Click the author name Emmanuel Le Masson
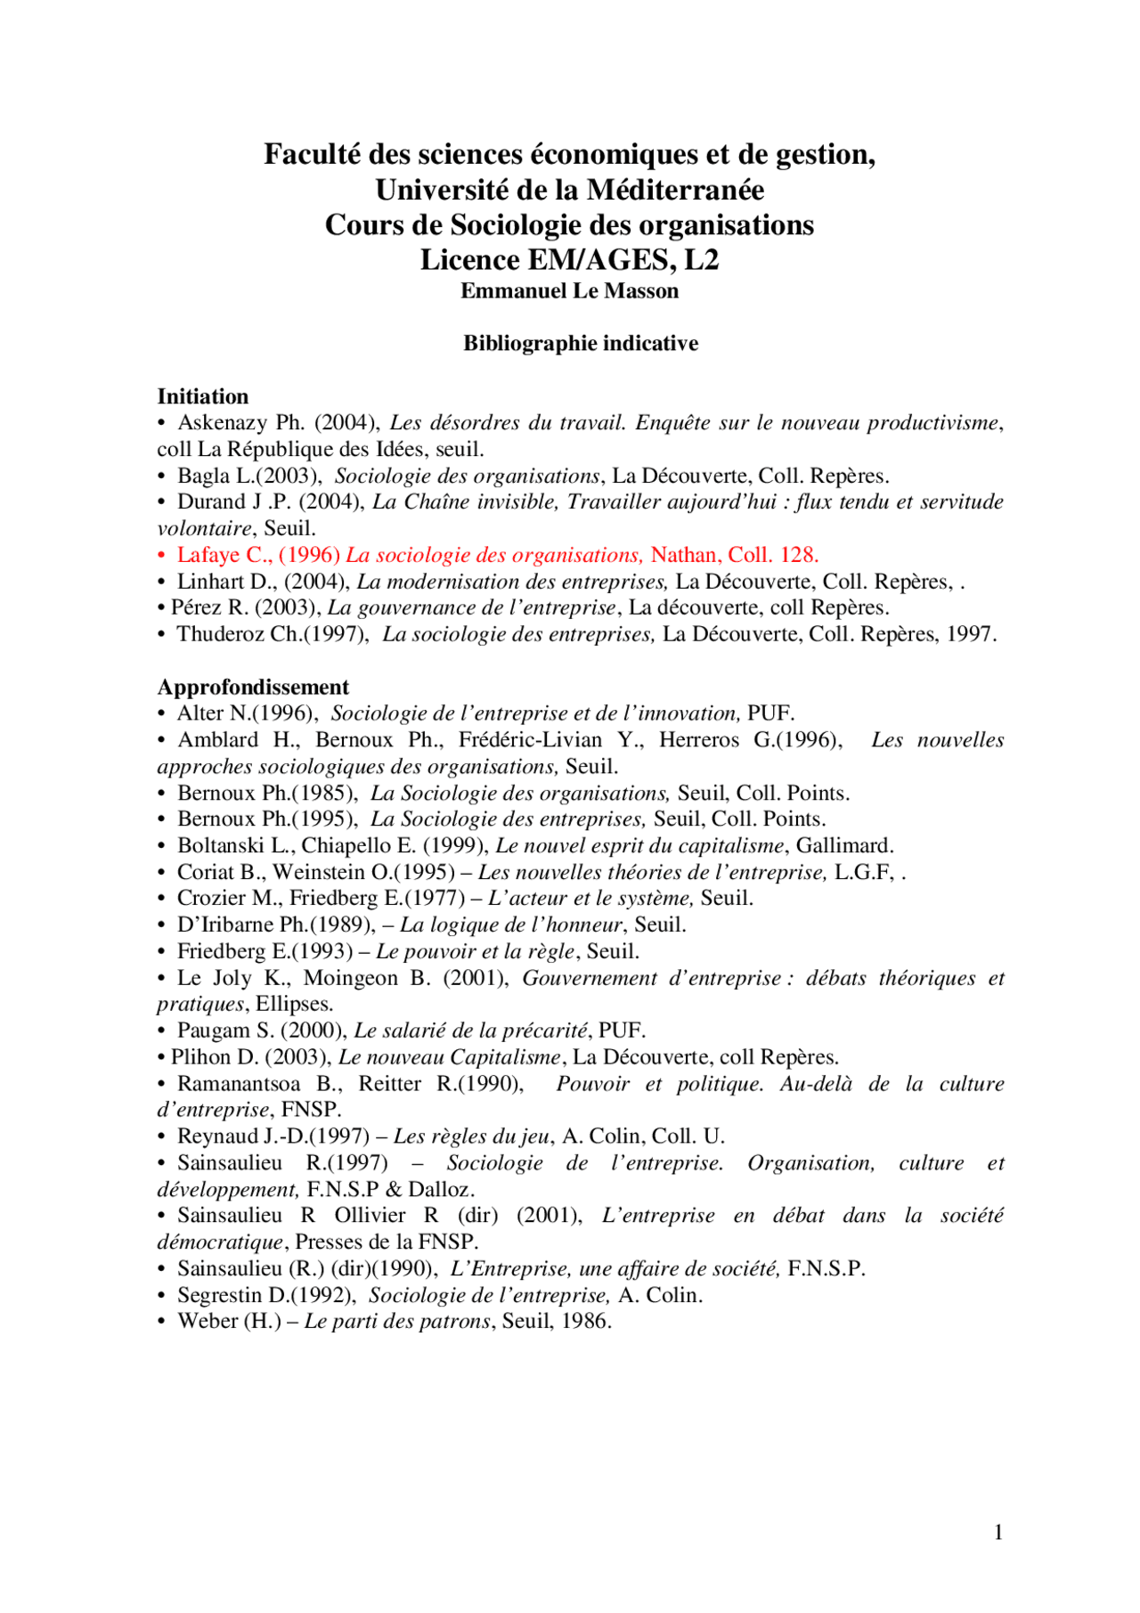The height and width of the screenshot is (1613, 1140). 569,291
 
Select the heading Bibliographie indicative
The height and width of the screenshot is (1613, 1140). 580,344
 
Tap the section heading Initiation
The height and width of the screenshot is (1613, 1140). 202,396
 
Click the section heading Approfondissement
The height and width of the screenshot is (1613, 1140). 253,687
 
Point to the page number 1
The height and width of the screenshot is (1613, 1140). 998,1532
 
